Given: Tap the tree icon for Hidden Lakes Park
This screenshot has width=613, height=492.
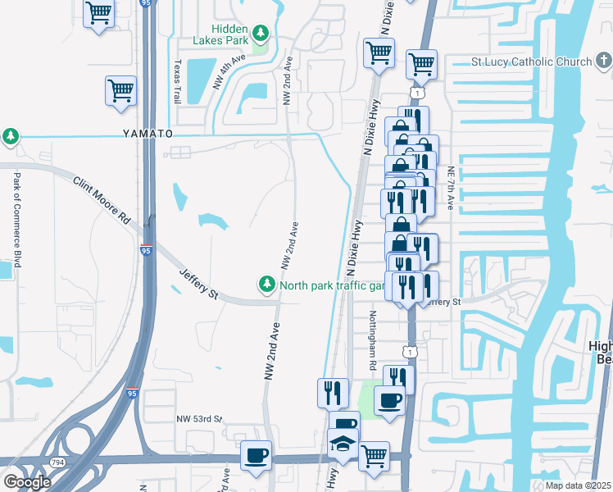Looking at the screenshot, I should pos(261,34).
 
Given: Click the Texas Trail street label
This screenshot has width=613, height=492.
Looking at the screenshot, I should pos(176,80).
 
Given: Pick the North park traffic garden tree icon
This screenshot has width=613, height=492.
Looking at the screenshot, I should pos(266,285).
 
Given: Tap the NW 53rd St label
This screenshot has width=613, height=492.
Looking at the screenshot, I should pos(200,419).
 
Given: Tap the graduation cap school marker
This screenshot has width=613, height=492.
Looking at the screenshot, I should pos(343,444).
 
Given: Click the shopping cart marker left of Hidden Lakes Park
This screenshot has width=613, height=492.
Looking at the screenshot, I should pos(99,13).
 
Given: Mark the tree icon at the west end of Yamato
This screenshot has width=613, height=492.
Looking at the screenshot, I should pos(11,136).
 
